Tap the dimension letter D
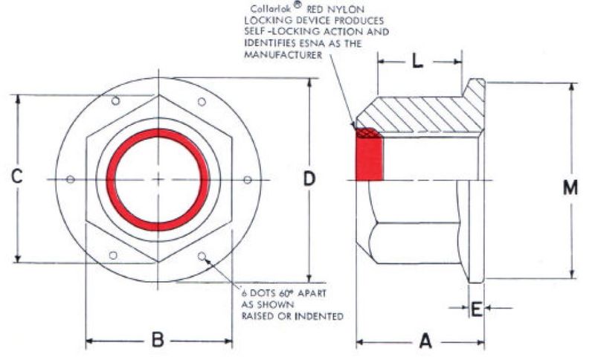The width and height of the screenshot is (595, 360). [309, 179]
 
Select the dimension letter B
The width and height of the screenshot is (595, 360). [158, 341]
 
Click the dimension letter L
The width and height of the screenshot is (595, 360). [418, 62]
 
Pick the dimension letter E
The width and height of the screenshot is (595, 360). [477, 307]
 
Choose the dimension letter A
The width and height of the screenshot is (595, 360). [425, 341]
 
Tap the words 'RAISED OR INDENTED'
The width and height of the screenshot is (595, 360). [292, 316]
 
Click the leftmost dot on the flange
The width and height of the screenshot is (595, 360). [70, 179]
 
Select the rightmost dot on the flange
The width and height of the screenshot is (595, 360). [248, 179]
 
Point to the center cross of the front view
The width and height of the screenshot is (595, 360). [158, 179]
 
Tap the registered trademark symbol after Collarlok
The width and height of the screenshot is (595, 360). [297, 5]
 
